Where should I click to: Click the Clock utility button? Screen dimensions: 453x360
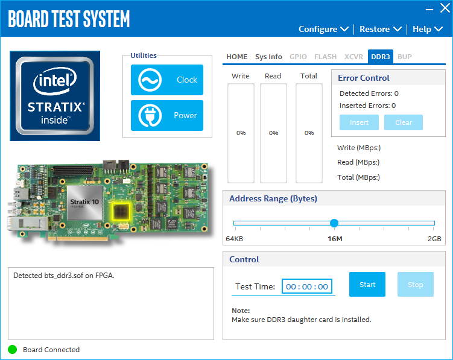tap(167, 80)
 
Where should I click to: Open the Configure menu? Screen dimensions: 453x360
tap(323, 29)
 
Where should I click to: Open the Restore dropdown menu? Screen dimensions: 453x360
tap(381, 29)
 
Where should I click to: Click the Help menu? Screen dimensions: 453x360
tap(428, 29)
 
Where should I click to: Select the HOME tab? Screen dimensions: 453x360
tap(236, 57)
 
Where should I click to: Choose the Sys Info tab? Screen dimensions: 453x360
tap(268, 57)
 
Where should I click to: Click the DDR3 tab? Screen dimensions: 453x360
tap(380, 57)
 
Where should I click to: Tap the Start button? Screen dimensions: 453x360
tap(367, 284)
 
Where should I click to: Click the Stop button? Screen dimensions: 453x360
tap(416, 284)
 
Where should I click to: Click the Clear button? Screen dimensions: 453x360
tap(404, 122)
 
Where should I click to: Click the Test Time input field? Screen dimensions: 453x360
tap(307, 286)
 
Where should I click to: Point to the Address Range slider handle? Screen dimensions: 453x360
tap(334, 223)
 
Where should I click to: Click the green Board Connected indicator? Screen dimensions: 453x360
tap(13, 350)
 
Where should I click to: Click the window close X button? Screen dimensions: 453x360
tap(445, 8)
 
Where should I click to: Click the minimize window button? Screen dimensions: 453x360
tap(429, 10)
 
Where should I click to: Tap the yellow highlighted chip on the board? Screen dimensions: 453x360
tap(121, 211)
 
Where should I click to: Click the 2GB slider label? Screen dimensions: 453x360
tap(434, 239)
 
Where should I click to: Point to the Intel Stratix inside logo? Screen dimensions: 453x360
tap(55, 96)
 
